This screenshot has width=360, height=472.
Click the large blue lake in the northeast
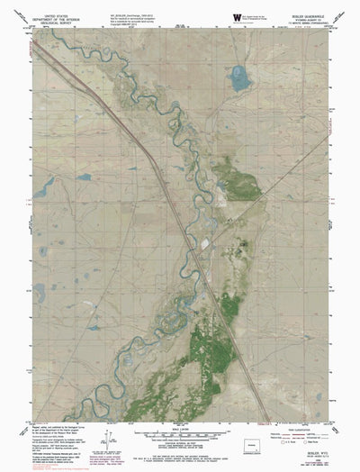240,78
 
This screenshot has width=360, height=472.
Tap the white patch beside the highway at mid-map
205,241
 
